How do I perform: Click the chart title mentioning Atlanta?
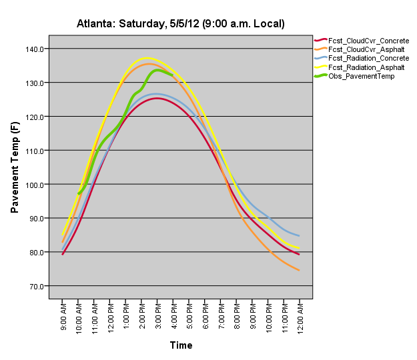pos(181,24)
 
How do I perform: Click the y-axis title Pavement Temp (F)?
pos(15,167)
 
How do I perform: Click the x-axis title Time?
pos(181,345)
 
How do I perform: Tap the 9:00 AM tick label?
pos(63,318)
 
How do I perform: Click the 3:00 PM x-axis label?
pos(157,318)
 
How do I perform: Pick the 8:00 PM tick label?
pos(236,318)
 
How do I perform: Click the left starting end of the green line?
pos(79,193)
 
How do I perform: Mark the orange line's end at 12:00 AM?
pos(299,270)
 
